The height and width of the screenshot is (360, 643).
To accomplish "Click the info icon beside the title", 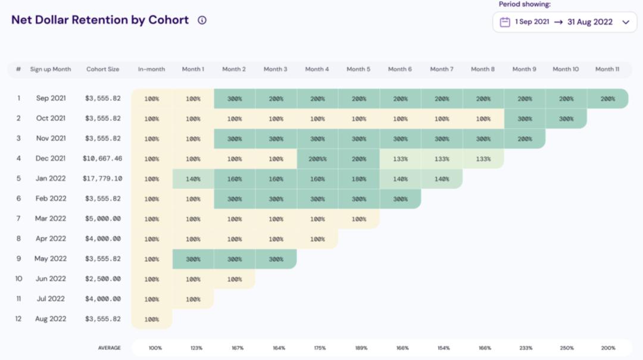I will (x=202, y=20).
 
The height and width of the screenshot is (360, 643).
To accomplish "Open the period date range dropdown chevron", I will (x=626, y=22).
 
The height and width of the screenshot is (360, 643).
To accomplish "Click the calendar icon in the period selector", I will (x=505, y=22).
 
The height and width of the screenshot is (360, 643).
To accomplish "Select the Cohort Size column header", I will (x=102, y=69).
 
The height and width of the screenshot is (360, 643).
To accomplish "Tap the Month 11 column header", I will (x=607, y=69).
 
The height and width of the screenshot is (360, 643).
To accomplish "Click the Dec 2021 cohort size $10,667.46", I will (x=102, y=159).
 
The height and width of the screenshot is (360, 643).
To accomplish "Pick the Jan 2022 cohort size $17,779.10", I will (x=102, y=179).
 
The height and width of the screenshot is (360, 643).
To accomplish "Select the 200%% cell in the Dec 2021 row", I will (x=317, y=159).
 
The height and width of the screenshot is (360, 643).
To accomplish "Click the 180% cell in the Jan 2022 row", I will (x=358, y=179).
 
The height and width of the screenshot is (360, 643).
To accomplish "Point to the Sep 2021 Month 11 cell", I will (x=607, y=99).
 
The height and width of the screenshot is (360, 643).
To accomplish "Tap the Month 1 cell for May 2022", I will (x=193, y=259).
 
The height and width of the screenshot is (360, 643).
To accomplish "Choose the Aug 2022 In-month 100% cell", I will (x=152, y=320).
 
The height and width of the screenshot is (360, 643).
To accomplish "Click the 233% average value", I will (x=525, y=348).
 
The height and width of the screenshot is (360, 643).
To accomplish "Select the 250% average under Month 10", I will (x=566, y=348).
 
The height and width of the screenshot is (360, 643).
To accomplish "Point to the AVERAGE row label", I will (x=110, y=348).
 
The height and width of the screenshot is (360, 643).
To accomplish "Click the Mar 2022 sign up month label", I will (x=51, y=218).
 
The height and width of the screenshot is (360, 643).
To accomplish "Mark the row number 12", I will (x=18, y=319).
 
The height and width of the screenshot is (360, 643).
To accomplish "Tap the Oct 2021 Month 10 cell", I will (x=566, y=118).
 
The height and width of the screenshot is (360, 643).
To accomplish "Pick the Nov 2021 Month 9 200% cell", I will (x=525, y=139).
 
